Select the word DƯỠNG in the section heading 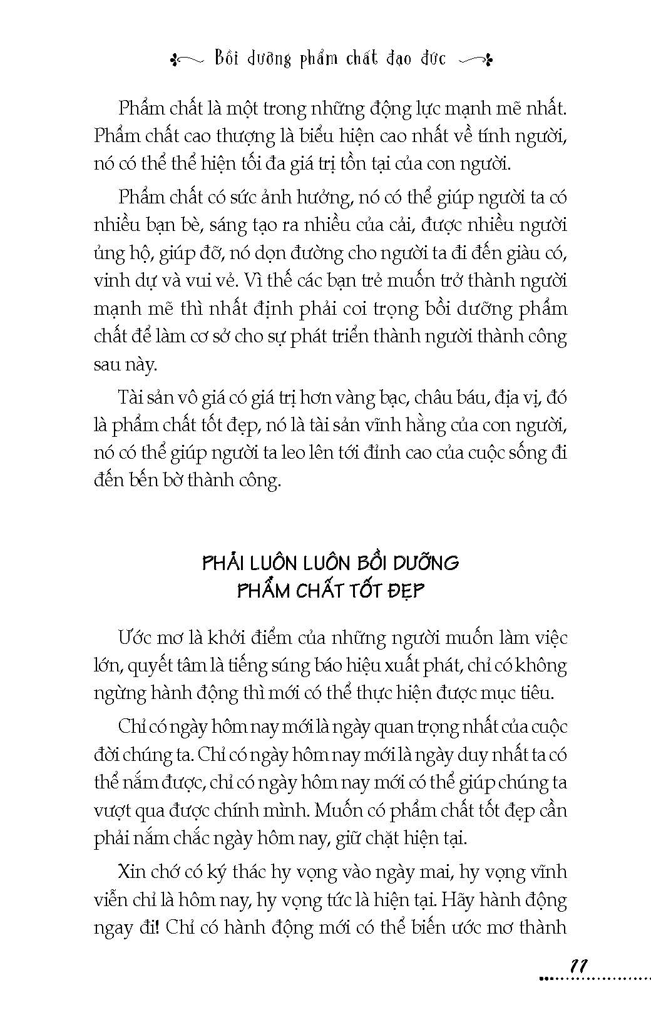[x=425, y=561]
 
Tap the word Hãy [x=459, y=899]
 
